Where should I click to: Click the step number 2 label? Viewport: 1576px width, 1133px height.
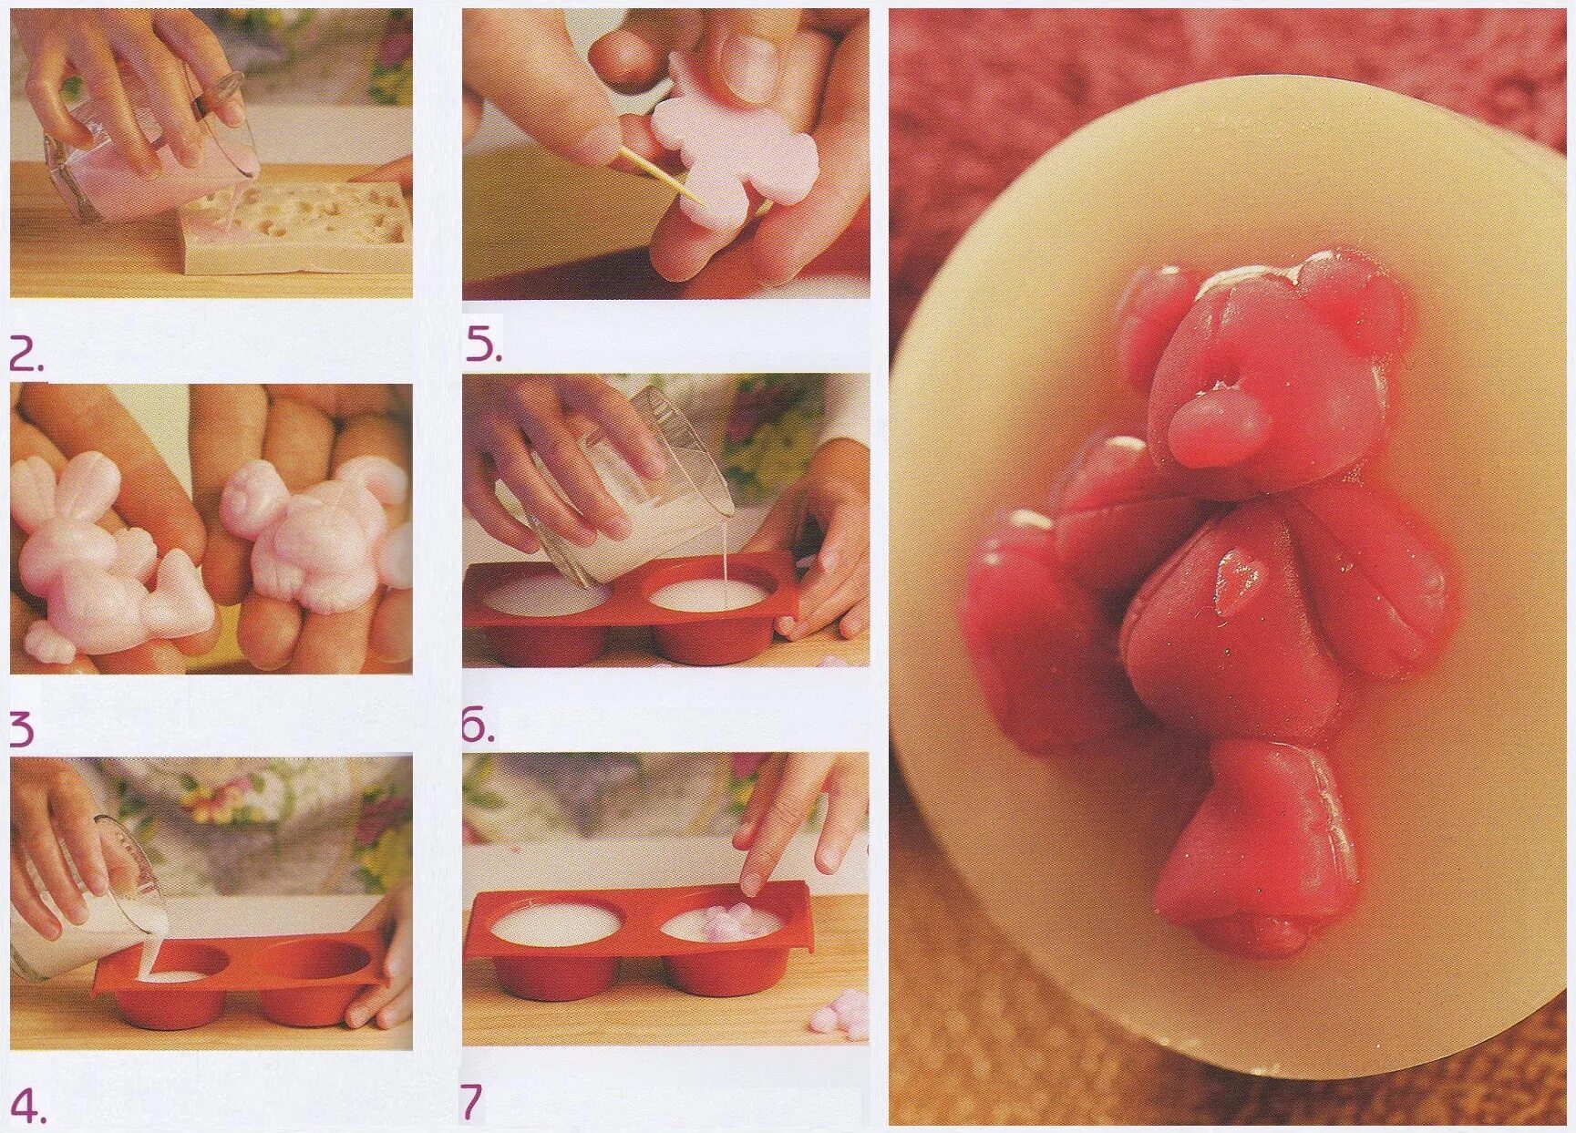pyautogui.click(x=26, y=355)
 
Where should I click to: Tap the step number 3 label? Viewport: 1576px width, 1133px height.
pyautogui.click(x=22, y=730)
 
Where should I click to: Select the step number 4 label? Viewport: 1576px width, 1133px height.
pyautogui.click(x=27, y=1106)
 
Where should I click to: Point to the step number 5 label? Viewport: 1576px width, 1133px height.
pyautogui.click(x=483, y=345)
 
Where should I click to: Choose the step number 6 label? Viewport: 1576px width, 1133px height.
pyautogui.click(x=479, y=725)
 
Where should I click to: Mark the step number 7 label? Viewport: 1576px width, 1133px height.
pyautogui.click(x=471, y=1102)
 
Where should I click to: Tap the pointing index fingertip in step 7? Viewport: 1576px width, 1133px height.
pyautogui.click(x=753, y=881)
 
